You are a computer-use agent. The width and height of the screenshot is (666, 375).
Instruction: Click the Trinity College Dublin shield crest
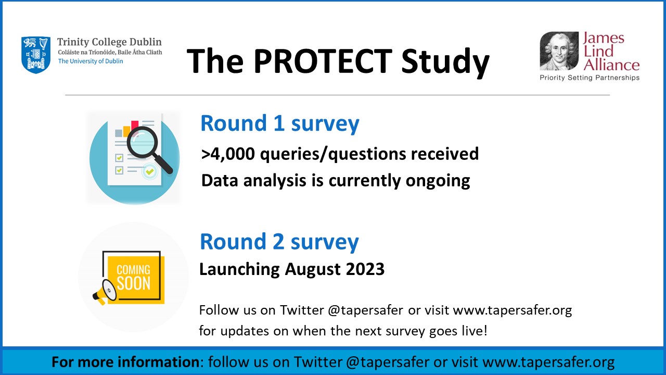tap(36, 55)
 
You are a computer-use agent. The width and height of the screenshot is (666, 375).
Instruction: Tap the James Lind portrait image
tap(559, 51)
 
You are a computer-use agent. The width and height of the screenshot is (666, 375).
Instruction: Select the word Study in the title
tap(445, 63)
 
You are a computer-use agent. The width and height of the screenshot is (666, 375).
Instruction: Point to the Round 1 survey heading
tap(280, 123)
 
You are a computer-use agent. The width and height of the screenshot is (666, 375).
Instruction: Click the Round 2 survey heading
tap(279, 242)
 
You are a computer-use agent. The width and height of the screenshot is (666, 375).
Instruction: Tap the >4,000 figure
tap(228, 154)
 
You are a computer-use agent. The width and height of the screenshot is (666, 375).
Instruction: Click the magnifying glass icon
tap(149, 149)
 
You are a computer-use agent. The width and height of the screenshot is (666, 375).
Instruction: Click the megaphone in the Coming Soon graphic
tap(105, 292)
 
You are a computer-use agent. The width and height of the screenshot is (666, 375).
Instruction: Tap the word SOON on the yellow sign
tap(134, 283)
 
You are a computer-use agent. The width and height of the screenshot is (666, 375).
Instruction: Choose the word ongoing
tap(438, 181)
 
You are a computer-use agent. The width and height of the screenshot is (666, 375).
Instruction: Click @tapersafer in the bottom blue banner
tap(388, 362)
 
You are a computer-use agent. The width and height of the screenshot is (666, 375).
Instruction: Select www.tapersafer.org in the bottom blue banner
tap(548, 362)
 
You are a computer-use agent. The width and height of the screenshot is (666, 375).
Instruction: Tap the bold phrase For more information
tap(125, 362)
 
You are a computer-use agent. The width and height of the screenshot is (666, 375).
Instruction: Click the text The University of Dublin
tap(91, 61)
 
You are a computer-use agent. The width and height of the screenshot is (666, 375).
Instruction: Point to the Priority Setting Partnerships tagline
tap(590, 78)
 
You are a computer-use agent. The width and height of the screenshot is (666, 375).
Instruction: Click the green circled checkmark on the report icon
tap(149, 172)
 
